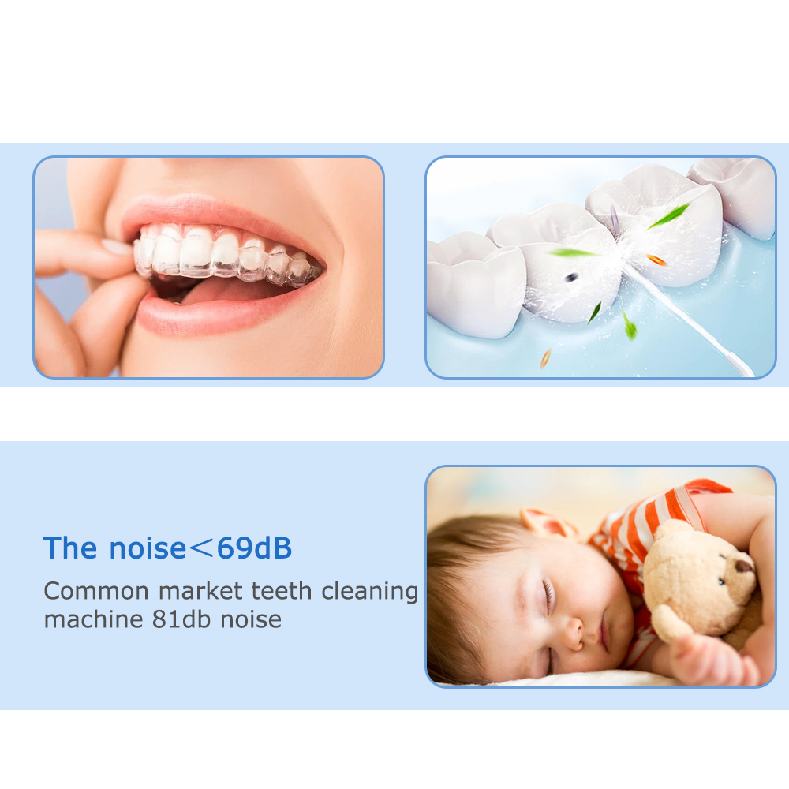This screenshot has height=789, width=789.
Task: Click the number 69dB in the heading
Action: [254, 548]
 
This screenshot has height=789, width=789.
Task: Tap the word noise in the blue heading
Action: [148, 548]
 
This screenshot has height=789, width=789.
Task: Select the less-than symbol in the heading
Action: [201, 548]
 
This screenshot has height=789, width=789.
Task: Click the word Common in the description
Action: [96, 591]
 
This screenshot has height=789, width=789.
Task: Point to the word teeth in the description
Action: [282, 591]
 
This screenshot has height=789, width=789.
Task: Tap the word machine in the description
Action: [93, 619]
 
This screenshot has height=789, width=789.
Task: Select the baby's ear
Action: [549, 523]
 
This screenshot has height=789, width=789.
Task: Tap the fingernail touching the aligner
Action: [117, 247]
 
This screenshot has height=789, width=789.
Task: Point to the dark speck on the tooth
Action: [570, 276]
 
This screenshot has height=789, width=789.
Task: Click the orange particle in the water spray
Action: [656, 260]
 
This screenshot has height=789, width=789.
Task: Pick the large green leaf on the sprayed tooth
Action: [668, 216]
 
